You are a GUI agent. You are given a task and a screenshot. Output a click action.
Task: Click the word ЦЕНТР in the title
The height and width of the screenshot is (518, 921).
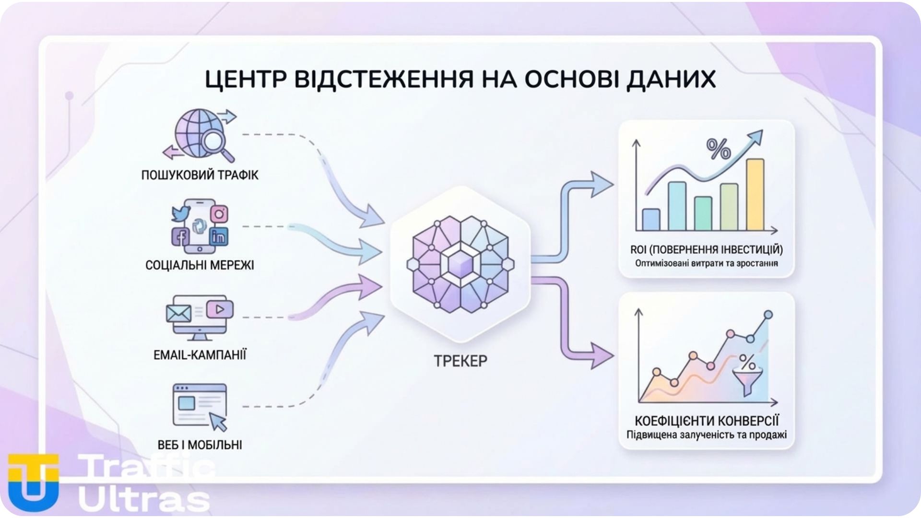(244, 79)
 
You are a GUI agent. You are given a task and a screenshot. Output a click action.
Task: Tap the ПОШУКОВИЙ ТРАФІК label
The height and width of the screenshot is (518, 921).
(200, 175)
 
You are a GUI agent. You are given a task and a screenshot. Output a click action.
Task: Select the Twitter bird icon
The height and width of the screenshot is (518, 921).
(181, 213)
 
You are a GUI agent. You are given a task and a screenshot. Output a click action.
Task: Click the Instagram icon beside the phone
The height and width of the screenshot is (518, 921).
(219, 214)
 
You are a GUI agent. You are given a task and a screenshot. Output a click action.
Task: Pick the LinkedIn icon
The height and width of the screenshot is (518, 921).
(219, 236)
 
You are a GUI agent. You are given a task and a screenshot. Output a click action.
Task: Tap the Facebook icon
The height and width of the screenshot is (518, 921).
(181, 236)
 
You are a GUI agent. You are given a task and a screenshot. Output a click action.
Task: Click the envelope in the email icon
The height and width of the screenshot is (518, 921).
(178, 314)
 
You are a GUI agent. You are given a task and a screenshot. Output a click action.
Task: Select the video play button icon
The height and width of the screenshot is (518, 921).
(220, 309)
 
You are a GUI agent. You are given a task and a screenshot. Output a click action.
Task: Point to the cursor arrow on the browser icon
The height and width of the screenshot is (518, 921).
(219, 422)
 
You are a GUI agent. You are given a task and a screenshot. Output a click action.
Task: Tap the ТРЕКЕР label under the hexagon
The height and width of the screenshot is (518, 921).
(460, 361)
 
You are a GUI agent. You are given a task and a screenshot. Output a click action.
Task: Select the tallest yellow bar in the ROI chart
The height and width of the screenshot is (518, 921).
(755, 194)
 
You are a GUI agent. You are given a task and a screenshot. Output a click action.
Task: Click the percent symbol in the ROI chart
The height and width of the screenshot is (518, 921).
(718, 149)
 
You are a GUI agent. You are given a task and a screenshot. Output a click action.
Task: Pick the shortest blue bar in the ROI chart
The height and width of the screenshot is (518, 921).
(651, 220)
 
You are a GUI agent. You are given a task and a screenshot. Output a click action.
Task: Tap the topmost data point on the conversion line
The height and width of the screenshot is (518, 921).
(768, 315)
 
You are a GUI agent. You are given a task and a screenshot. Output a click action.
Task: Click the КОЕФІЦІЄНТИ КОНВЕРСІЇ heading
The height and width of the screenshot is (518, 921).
(707, 421)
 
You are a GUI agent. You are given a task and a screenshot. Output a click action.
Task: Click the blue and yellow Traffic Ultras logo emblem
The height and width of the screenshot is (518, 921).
(34, 482)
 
